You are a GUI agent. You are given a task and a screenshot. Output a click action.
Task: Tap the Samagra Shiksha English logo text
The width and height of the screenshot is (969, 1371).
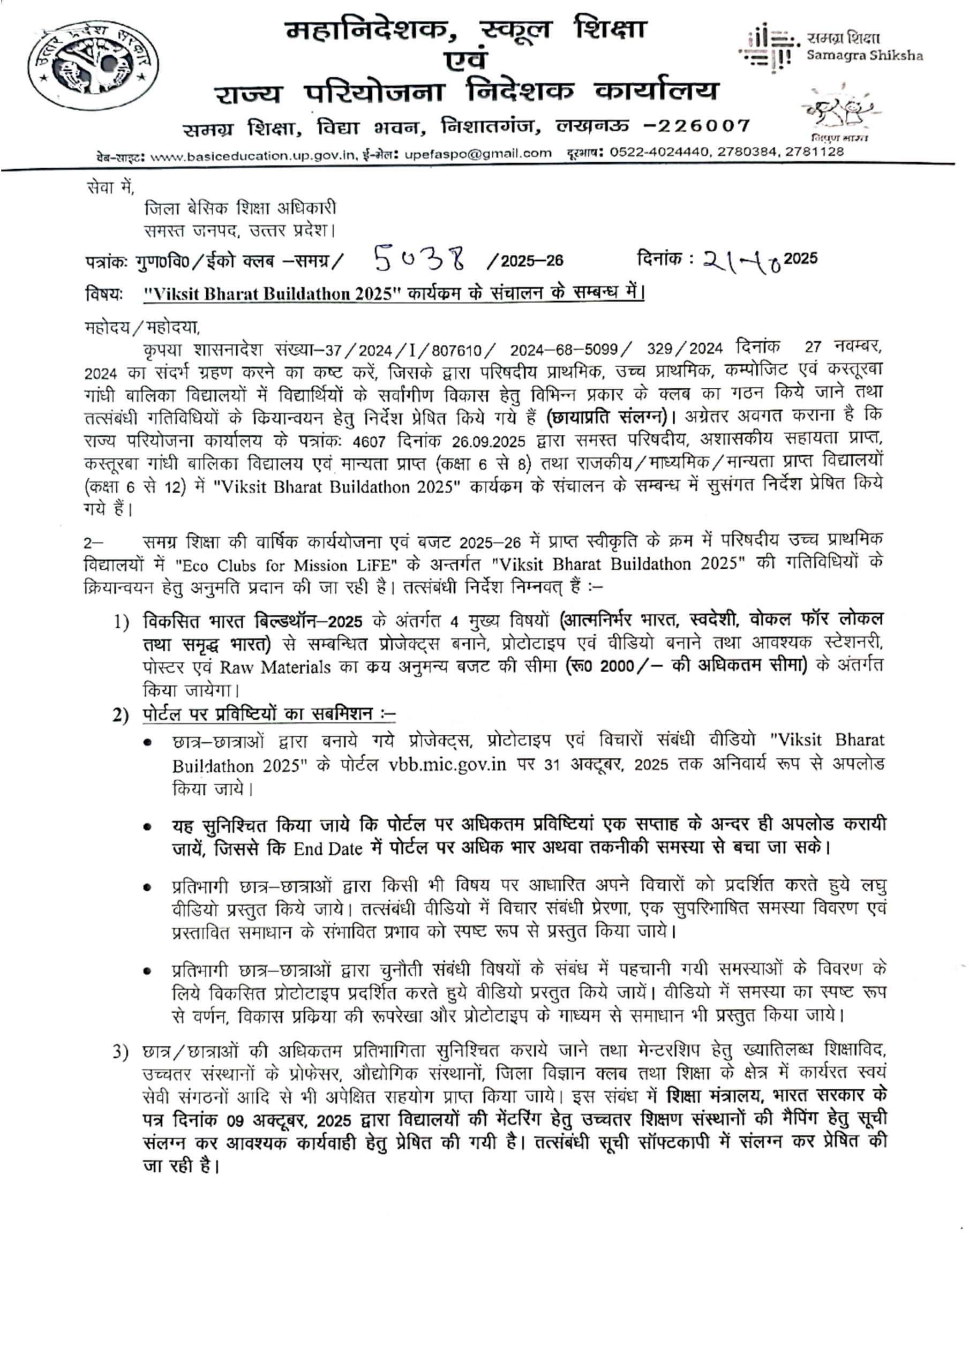pyautogui.click(x=864, y=56)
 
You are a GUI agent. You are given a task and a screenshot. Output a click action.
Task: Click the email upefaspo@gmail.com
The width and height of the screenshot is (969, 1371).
pyautogui.click(x=477, y=154)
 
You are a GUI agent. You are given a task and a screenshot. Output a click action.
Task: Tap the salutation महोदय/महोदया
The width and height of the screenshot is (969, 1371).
pyautogui.click(x=142, y=328)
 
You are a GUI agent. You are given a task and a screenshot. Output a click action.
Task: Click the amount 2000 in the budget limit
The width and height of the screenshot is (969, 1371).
pyautogui.click(x=617, y=666)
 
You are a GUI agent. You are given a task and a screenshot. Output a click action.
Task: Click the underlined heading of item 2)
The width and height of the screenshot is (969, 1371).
pyautogui.click(x=269, y=714)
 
